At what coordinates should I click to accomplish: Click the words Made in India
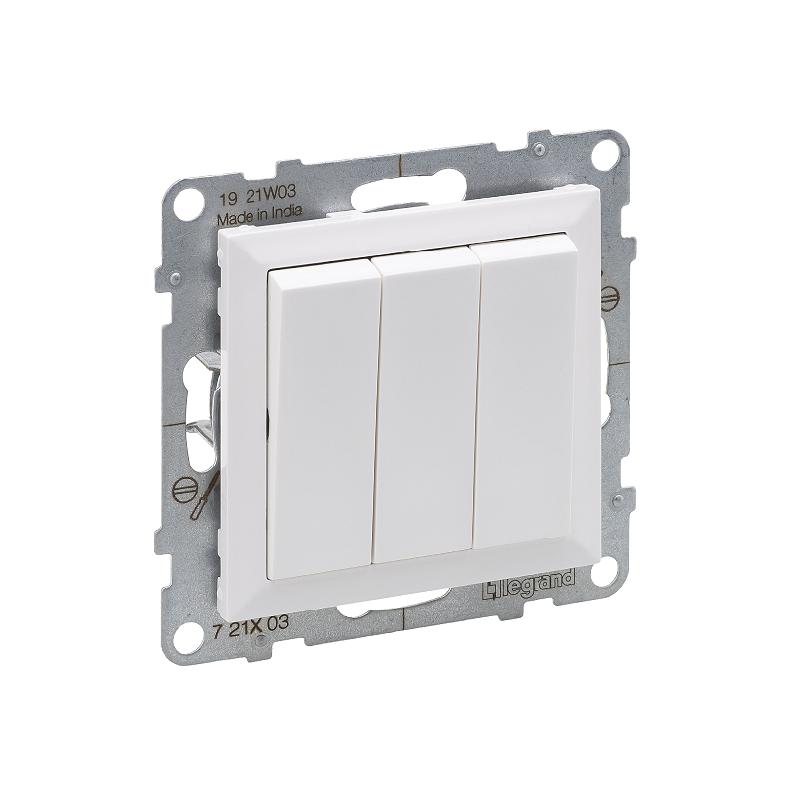(258, 213)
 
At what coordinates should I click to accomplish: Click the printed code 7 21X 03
(251, 623)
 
